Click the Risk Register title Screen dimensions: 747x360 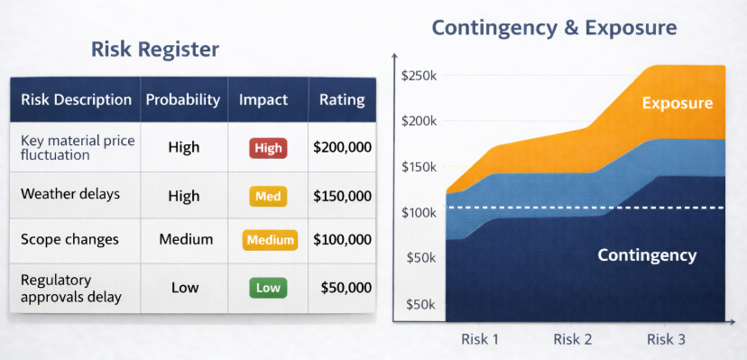click(x=155, y=50)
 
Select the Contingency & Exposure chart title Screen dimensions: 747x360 click(x=554, y=28)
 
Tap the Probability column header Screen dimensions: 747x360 click(x=183, y=100)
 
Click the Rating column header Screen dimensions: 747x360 click(x=342, y=100)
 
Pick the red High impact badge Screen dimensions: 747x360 click(x=268, y=148)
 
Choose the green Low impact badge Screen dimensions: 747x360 click(x=268, y=288)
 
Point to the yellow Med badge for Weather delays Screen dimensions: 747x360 click(x=268, y=196)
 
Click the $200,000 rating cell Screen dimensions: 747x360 click(x=342, y=148)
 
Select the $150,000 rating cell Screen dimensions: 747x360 click(x=342, y=196)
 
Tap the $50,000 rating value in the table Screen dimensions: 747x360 click(x=346, y=288)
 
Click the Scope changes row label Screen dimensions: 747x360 click(x=69, y=239)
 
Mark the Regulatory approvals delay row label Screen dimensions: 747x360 click(x=71, y=289)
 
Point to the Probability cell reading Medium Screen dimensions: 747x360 click(x=186, y=239)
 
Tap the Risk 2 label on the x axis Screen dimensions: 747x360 click(x=573, y=339)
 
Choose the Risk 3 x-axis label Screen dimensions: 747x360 click(x=666, y=339)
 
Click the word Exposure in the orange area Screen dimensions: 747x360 click(x=678, y=103)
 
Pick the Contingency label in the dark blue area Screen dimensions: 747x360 click(x=647, y=255)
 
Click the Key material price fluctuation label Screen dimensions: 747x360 click(x=78, y=148)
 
